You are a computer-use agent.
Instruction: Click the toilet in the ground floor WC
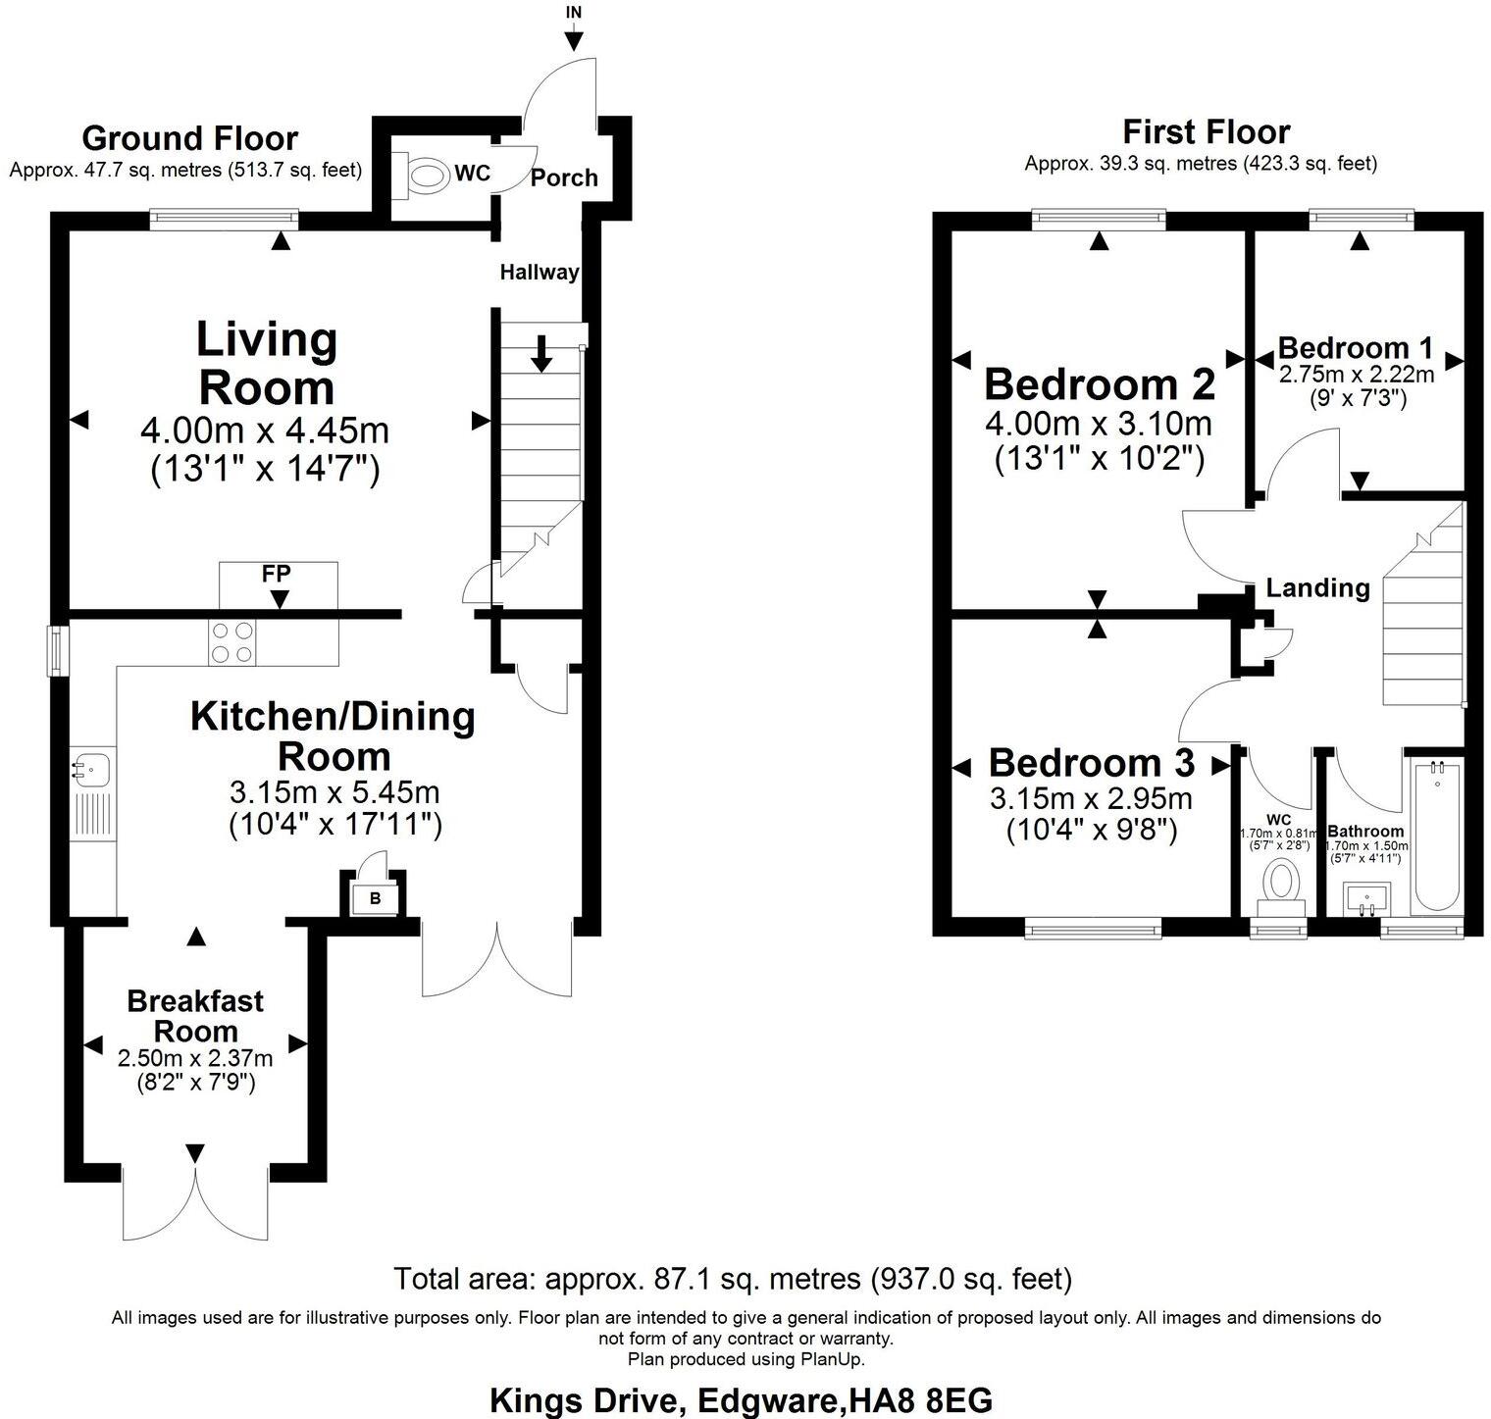click(424, 177)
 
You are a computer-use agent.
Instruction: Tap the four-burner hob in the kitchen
click(231, 643)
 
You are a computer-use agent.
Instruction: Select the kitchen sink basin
click(92, 766)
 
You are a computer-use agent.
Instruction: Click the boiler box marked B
click(375, 898)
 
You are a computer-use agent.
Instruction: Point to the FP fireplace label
click(277, 573)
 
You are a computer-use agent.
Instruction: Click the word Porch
click(564, 177)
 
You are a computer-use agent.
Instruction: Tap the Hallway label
click(540, 272)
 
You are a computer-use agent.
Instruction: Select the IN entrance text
click(574, 13)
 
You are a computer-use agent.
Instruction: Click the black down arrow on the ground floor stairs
click(540, 354)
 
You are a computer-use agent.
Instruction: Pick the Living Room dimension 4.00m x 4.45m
click(265, 431)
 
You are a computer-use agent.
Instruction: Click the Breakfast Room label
click(196, 1016)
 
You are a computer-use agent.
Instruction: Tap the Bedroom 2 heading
click(1100, 383)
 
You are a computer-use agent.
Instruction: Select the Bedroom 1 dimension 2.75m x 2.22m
click(1357, 375)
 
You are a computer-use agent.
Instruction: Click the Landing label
click(1317, 587)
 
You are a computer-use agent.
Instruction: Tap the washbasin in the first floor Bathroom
click(1366, 898)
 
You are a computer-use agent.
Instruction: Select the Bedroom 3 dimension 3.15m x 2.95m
click(1092, 798)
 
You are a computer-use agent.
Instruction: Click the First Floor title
click(1206, 131)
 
